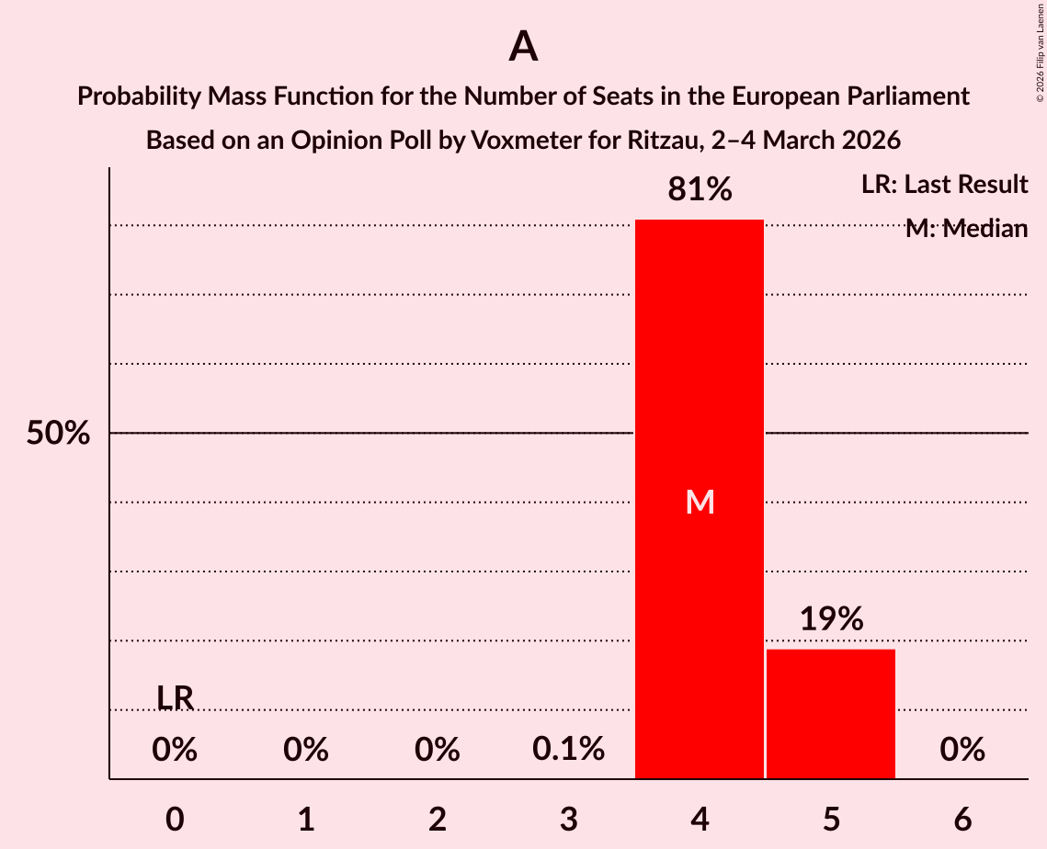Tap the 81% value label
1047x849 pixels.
700,190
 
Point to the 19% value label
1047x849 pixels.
831,619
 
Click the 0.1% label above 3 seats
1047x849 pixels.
568,750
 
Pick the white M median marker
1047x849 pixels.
700,502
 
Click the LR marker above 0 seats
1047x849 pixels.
175,698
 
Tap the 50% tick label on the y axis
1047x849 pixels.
58,434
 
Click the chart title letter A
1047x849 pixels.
523,46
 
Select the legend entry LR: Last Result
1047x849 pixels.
944,185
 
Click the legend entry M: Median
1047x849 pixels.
966,229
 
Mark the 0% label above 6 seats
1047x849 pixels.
962,750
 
